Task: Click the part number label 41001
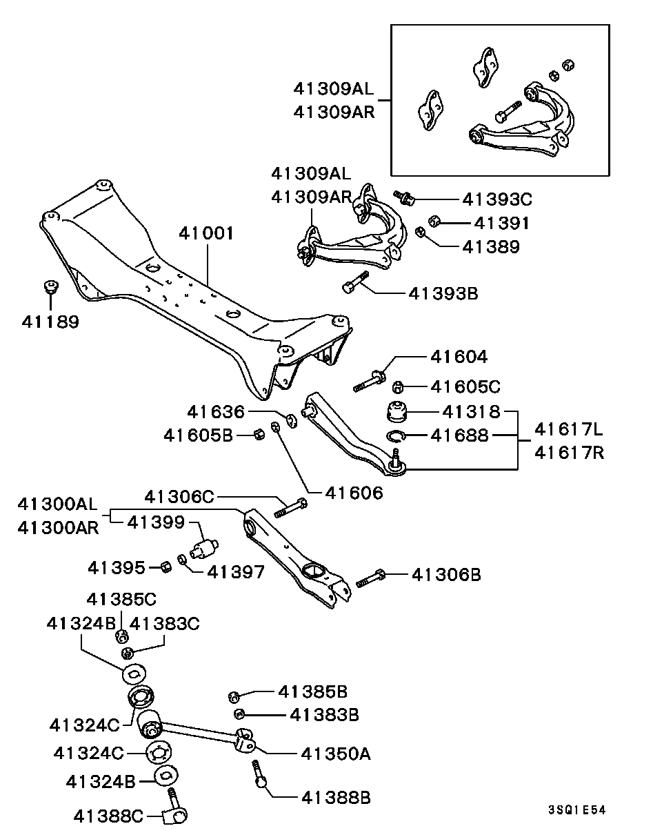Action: click(x=206, y=233)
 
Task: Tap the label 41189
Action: click(x=50, y=321)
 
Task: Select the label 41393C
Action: click(x=496, y=199)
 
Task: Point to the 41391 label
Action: click(x=501, y=223)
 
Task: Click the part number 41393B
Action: click(x=443, y=293)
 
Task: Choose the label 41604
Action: click(x=459, y=357)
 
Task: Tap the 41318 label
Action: click(x=471, y=412)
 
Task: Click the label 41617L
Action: click(x=569, y=429)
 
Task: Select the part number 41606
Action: click(x=354, y=493)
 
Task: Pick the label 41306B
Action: click(x=445, y=573)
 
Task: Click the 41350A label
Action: click(x=335, y=754)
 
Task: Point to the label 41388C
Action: click(x=108, y=816)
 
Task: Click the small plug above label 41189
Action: click(x=50, y=285)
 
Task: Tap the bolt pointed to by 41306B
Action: click(x=371, y=578)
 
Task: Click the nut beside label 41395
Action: click(x=165, y=567)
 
